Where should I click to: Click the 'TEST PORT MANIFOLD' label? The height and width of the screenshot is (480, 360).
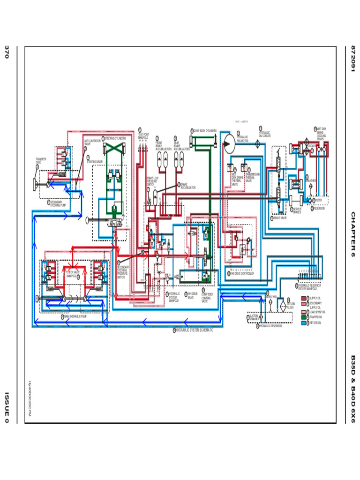pyautogui.click(x=143, y=136)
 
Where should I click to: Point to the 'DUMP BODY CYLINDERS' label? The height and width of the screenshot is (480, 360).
pyautogui.click(x=205, y=131)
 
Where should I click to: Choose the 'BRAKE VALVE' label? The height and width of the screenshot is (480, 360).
pyautogui.click(x=280, y=218)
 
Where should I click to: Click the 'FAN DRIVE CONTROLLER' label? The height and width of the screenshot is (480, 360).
pyautogui.click(x=242, y=273)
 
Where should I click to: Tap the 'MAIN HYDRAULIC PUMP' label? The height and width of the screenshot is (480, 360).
pyautogui.click(x=75, y=317)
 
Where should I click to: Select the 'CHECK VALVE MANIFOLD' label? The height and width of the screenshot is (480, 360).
pyautogui.click(x=73, y=274)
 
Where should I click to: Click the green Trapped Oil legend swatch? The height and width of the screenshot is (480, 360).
pyautogui.click(x=303, y=317)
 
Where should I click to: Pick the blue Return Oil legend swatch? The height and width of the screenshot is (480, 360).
pyautogui.click(x=303, y=323)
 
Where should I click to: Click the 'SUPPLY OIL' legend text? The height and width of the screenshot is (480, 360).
pyautogui.click(x=315, y=298)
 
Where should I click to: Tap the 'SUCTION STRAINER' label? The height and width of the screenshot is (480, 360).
pyautogui.click(x=254, y=317)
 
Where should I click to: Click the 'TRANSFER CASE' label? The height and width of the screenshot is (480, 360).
pyautogui.click(x=41, y=161)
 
